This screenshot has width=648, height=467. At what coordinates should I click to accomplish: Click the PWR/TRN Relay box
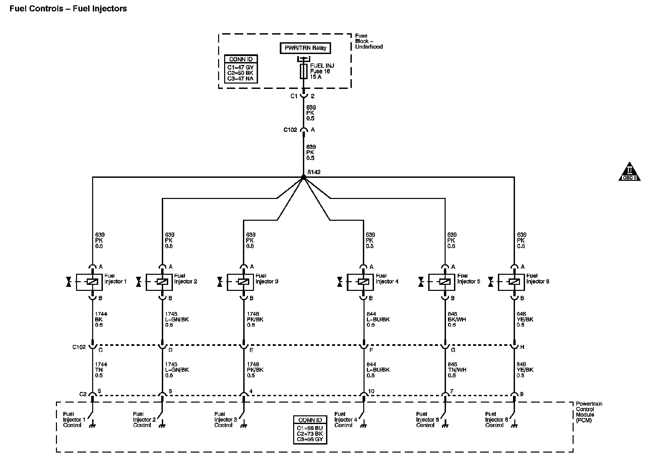pyautogui.click(x=305, y=48)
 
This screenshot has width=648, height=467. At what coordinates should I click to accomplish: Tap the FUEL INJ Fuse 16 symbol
pyautogui.click(x=304, y=71)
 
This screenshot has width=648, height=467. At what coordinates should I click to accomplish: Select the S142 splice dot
pyautogui.click(x=304, y=177)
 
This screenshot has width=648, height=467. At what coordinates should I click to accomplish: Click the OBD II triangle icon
pyautogui.click(x=629, y=172)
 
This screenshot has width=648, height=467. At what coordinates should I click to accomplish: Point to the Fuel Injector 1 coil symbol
pyautogui.click(x=92, y=282)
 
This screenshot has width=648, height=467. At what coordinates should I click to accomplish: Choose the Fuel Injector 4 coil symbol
pyautogui.click(x=364, y=282)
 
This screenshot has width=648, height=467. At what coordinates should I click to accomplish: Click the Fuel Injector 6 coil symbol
pyautogui.click(x=514, y=282)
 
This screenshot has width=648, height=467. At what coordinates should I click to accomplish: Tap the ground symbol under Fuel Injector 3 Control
pyautogui.click(x=244, y=426)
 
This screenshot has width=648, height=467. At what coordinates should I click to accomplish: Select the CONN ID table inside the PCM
pyautogui.click(x=310, y=430)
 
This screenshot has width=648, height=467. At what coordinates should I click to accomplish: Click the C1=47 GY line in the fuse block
pyautogui.click(x=241, y=67)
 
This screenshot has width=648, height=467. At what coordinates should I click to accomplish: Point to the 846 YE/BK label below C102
pyautogui.click(x=525, y=370)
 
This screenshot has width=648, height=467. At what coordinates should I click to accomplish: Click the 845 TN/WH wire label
pyautogui.click(x=457, y=370)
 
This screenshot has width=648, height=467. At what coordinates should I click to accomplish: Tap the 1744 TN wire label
pyautogui.click(x=101, y=370)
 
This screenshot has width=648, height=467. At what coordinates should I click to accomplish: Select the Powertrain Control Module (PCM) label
pyautogui.click(x=589, y=412)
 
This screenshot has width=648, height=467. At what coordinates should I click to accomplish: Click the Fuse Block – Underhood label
pyautogui.click(x=369, y=41)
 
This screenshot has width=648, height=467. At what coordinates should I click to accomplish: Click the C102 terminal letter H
pyautogui.click(x=522, y=347)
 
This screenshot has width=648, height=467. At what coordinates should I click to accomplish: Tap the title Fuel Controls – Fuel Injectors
pyautogui.click(x=68, y=9)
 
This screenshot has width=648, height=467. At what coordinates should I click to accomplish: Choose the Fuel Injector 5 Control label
pyautogui.click(x=427, y=420)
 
